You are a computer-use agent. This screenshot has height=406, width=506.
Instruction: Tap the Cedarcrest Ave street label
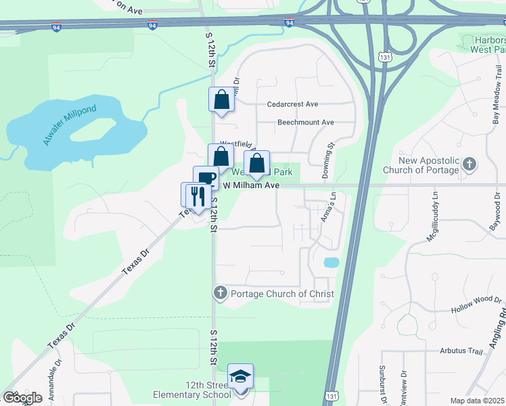[292, 104]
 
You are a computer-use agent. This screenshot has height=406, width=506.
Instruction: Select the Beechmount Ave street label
[306, 122]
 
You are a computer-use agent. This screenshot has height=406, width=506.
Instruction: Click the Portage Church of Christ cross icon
[220, 294]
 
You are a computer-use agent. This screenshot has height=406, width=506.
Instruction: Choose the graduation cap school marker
[240, 377]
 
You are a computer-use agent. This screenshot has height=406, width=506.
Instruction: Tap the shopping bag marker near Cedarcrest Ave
[221, 99]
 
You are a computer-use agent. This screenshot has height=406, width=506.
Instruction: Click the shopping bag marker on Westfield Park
[256, 163]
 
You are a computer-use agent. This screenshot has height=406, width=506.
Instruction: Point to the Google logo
[22, 398]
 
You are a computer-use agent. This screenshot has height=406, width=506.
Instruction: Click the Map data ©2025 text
[477, 401]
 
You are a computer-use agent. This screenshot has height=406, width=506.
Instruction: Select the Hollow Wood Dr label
[478, 304]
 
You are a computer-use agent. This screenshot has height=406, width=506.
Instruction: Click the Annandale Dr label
[54, 382]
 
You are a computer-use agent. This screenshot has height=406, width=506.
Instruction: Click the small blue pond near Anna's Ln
[331, 262]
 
